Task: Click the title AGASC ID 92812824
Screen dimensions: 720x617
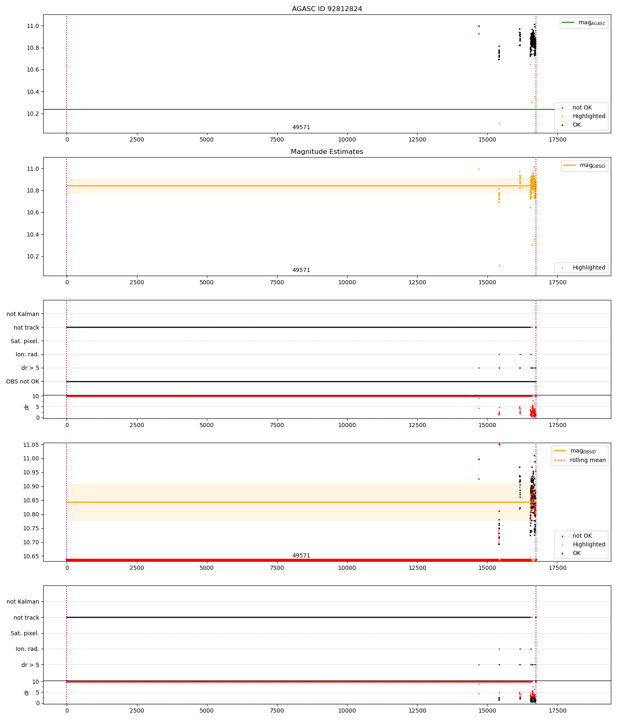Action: (327, 9)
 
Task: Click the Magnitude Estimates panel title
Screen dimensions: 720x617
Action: (327, 152)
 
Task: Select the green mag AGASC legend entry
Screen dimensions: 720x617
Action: (584, 23)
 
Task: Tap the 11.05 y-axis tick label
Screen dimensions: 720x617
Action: (31, 445)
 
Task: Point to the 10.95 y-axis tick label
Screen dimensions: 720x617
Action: (31, 472)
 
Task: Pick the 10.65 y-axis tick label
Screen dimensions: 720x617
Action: (31, 556)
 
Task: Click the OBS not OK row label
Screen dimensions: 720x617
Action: (23, 381)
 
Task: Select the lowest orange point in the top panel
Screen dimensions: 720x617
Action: (499, 123)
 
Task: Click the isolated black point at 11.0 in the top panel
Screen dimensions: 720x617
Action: (479, 26)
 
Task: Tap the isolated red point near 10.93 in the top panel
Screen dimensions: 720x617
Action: (479, 34)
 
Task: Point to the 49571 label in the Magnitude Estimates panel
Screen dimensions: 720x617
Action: (301, 270)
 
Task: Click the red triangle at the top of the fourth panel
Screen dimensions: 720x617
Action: (499, 444)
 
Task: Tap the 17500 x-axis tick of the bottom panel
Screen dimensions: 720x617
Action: (557, 711)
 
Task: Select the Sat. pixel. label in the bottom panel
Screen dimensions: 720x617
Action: (25, 633)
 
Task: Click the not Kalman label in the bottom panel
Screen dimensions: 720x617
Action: (23, 602)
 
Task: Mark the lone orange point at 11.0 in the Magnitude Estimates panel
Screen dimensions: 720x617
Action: (479, 169)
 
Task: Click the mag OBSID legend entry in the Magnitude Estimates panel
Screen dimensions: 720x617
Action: (585, 165)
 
